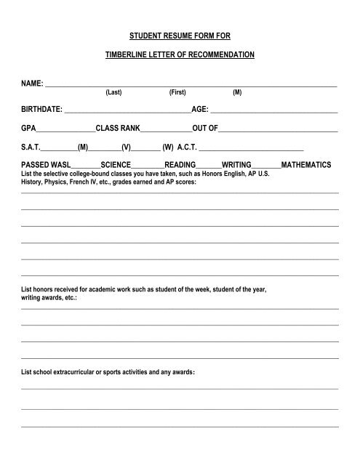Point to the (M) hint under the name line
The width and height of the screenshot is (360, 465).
(237, 94)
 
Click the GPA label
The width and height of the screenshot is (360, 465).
(28, 128)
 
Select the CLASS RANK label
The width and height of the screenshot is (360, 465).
(116, 128)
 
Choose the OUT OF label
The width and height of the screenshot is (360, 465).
(204, 128)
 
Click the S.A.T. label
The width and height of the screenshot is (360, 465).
(32, 146)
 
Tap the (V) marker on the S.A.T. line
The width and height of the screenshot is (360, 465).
(126, 146)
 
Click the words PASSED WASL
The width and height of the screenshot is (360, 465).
(45, 165)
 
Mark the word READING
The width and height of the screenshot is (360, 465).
(180, 165)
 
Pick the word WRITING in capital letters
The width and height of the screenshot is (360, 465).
(236, 165)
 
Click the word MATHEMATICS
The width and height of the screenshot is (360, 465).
(305, 165)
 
